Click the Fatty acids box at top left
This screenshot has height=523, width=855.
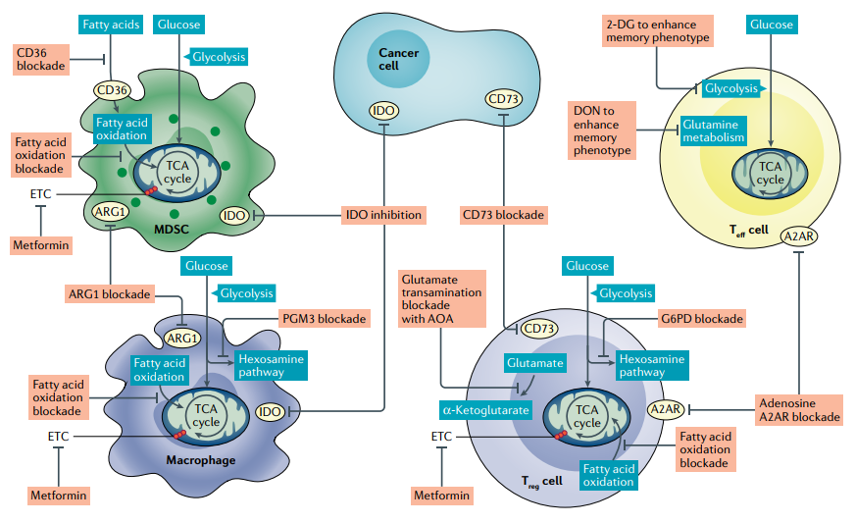[111, 23]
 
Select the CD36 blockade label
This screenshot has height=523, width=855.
[41, 59]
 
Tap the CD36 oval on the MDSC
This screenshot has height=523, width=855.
[111, 91]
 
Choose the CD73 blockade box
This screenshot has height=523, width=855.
[503, 214]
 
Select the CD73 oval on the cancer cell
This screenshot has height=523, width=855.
[503, 98]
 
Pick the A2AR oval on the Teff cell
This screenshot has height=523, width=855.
[799, 235]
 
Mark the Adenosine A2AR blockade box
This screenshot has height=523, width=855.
[799, 408]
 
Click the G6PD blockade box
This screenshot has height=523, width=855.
[701, 319]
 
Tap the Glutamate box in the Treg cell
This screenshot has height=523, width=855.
[534, 363]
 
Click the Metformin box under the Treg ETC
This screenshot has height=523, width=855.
[441, 496]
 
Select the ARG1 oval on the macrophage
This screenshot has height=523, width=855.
[181, 338]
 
